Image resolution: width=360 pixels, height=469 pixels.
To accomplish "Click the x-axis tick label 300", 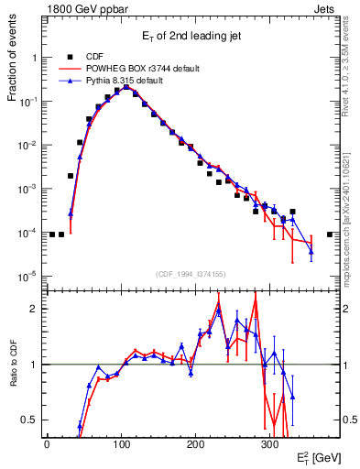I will (269, 442).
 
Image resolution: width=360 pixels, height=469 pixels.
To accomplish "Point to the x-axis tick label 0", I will (47, 442).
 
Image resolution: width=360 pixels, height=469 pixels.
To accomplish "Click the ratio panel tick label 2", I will (35, 309).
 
